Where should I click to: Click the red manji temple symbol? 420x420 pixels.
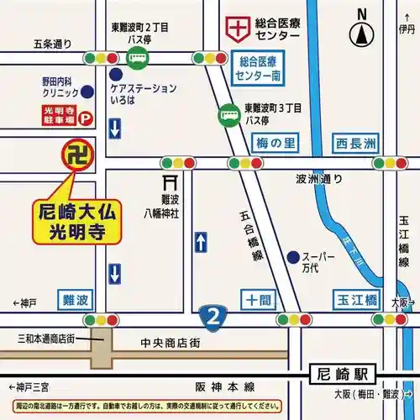(76, 155)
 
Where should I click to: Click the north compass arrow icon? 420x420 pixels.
(362, 34)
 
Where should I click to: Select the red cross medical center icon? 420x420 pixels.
(238, 28)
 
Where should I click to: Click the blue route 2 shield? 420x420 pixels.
(213, 318)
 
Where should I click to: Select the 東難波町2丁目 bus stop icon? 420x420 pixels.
(135, 59)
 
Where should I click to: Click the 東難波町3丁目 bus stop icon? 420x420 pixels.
(228, 113)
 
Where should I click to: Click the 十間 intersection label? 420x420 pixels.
(257, 300)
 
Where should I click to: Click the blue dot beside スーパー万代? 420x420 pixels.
(291, 256)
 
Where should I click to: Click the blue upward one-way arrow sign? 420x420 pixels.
(200, 243)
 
